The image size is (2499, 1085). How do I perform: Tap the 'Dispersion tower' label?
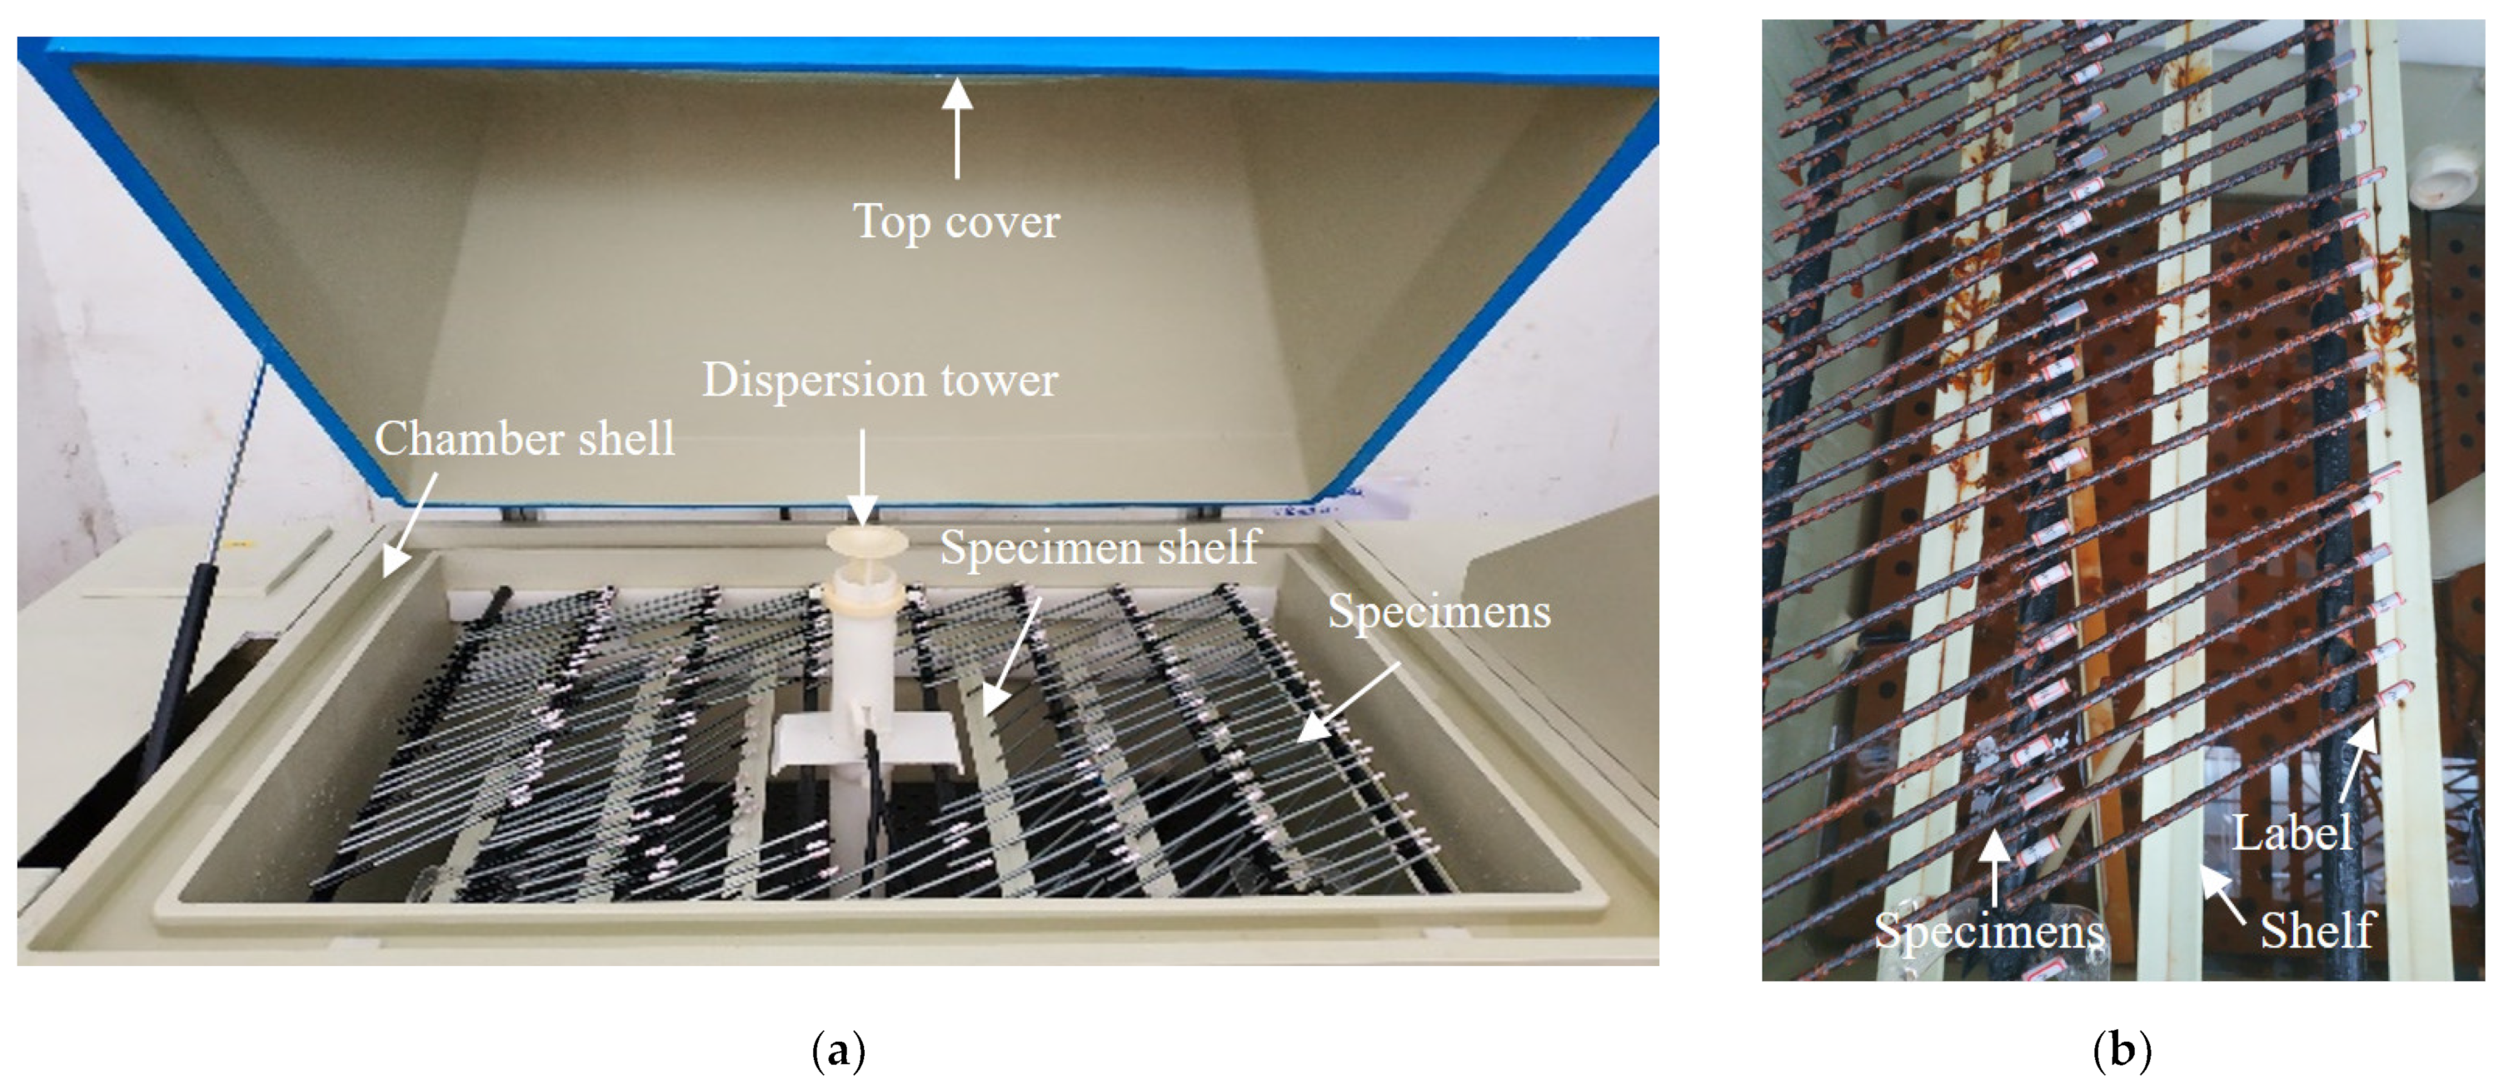879,380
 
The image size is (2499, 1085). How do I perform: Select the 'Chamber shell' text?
524,439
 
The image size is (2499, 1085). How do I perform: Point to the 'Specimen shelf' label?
1098,548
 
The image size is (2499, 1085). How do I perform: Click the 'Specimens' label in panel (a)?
1439,611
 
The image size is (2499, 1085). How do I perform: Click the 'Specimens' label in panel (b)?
1988,931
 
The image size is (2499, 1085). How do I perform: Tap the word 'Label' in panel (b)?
2292,833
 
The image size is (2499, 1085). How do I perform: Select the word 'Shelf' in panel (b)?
2317,931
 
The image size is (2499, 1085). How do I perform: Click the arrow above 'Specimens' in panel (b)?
1994,866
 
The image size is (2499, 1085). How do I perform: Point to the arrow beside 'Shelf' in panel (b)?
2222,893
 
